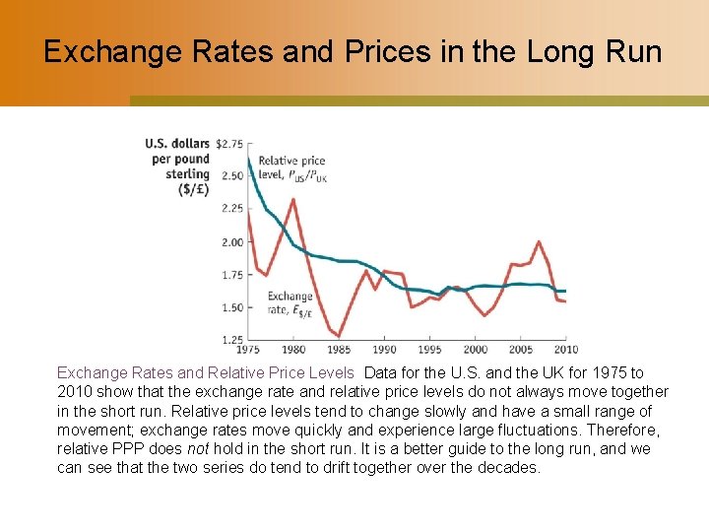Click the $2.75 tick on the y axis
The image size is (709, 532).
(229, 144)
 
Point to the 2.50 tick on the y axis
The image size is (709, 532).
(232, 176)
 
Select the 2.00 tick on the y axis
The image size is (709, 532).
(232, 242)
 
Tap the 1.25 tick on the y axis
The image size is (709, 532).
(232, 339)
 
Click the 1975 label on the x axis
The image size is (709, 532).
(248, 350)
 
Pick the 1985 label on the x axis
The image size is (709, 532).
(339, 350)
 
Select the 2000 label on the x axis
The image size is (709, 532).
(475, 350)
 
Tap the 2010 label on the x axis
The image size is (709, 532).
(565, 350)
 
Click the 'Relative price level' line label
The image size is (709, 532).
(291, 168)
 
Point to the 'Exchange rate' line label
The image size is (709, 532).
(290, 302)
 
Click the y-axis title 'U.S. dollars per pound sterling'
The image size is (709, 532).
(178, 166)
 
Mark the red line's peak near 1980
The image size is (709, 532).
(293, 199)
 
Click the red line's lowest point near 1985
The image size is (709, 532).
(339, 336)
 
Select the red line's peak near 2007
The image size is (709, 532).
(538, 241)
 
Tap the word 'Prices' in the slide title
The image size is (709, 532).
(327, 51)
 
